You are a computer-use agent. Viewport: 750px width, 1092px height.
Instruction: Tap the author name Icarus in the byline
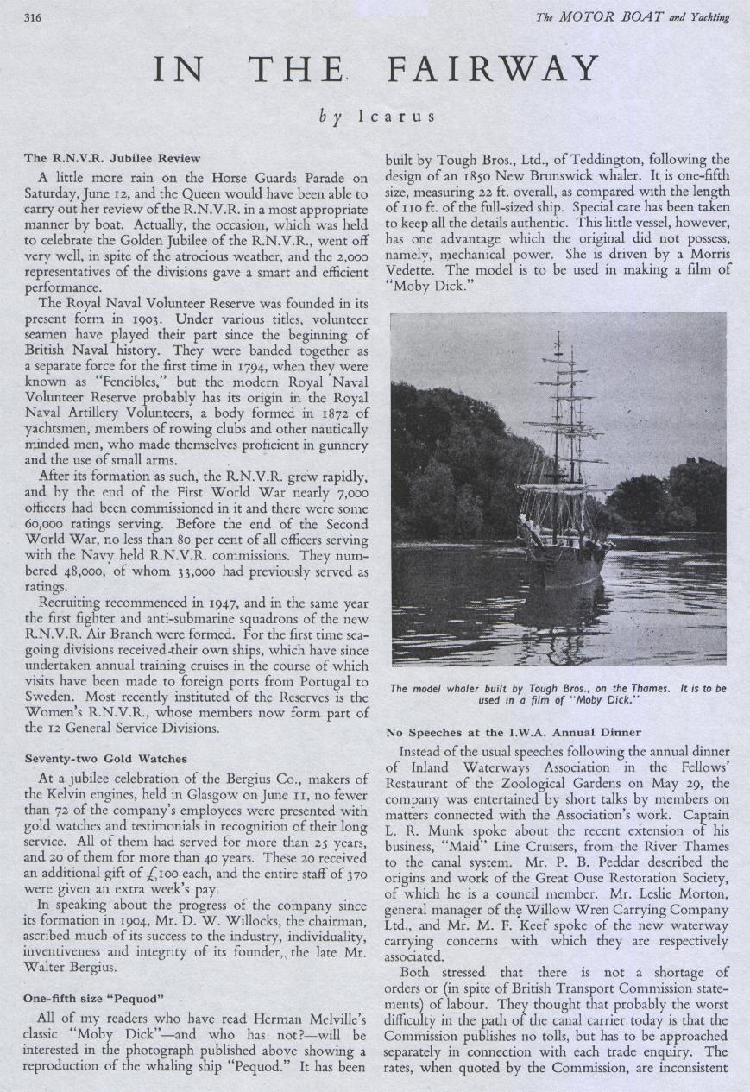(396, 114)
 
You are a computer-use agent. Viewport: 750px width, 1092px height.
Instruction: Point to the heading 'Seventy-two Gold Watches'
(105, 759)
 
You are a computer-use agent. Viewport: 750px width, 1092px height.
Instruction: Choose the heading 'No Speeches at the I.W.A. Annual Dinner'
(514, 733)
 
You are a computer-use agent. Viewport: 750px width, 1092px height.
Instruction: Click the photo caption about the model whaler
(558, 694)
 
